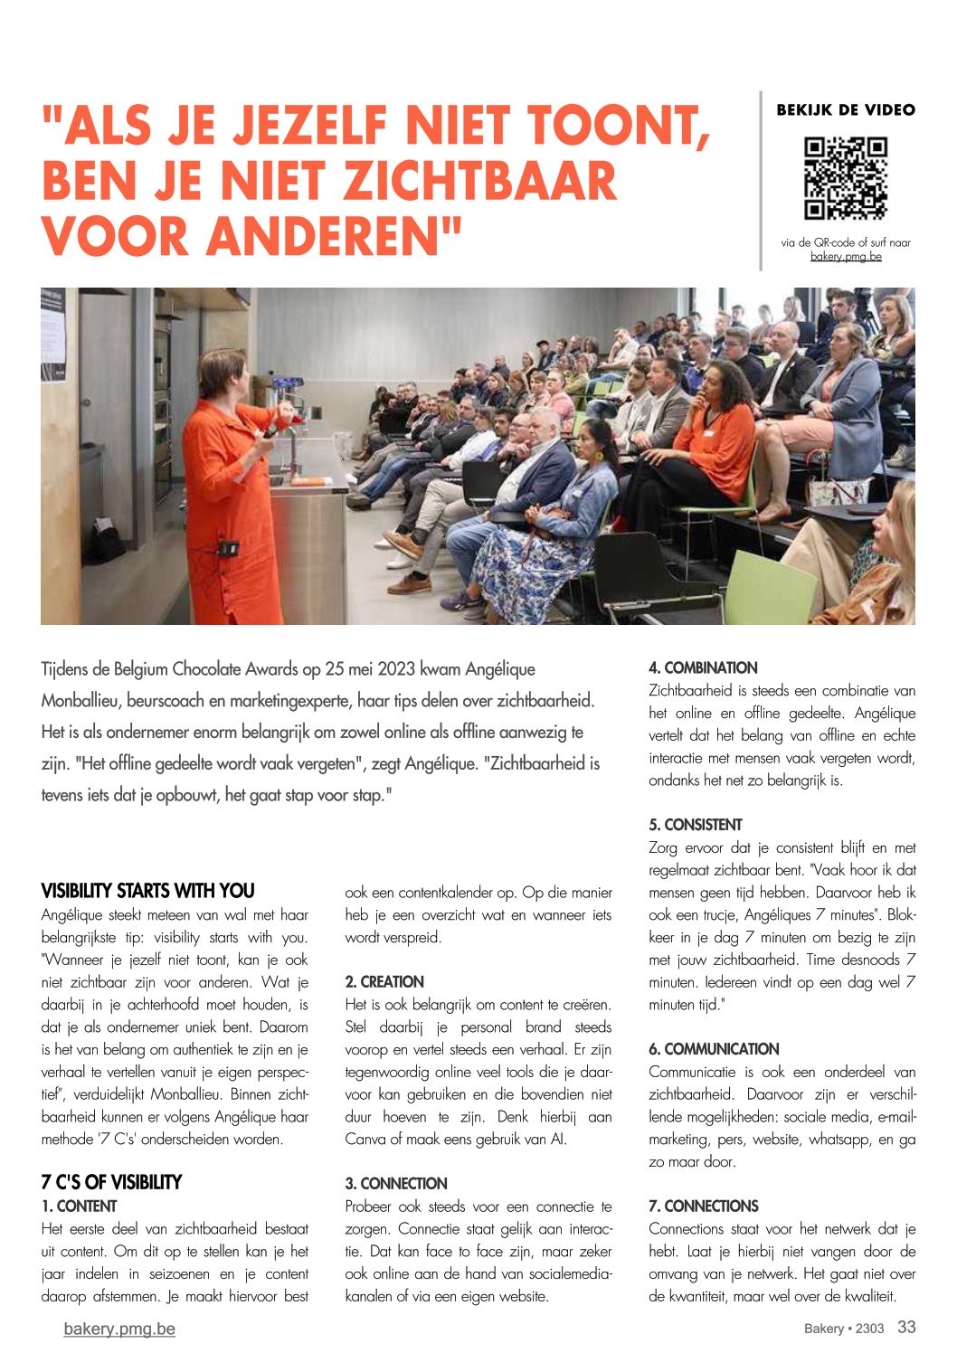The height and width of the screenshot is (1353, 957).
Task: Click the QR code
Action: click(x=846, y=177)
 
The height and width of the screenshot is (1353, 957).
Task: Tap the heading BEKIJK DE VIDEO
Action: click(x=846, y=110)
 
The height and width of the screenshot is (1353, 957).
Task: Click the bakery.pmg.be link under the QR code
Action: click(x=846, y=257)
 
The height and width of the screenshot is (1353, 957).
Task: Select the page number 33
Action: click(x=906, y=1327)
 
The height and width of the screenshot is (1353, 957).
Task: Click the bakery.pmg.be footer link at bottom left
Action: click(x=119, y=1329)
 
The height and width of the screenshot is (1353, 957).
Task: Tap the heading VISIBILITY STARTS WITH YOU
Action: click(x=148, y=891)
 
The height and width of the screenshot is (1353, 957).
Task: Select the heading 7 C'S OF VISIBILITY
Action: click(x=111, y=1183)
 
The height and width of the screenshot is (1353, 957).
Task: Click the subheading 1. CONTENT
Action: click(x=80, y=1206)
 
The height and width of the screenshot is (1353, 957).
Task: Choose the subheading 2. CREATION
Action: click(x=384, y=982)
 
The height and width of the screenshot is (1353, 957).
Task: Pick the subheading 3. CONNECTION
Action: click(x=396, y=1184)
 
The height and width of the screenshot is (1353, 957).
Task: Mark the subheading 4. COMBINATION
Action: click(x=703, y=668)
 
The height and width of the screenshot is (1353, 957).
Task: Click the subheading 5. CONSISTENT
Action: click(x=695, y=825)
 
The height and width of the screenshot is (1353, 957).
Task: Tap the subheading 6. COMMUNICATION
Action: click(x=714, y=1049)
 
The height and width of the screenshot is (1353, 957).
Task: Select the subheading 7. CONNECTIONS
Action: click(x=704, y=1206)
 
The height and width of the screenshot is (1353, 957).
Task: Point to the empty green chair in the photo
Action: click(x=769, y=586)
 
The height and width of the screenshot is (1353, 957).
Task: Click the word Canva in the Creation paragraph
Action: click(x=364, y=1140)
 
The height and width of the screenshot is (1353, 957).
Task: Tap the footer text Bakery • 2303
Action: click(x=844, y=1329)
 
